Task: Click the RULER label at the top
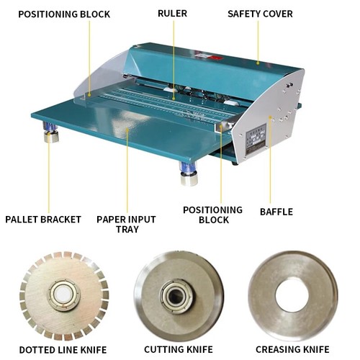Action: click(174, 14)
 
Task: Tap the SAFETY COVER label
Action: click(259, 14)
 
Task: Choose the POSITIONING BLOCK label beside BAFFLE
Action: click(212, 215)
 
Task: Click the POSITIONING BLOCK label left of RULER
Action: click(66, 14)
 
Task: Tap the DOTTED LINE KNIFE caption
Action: click(63, 350)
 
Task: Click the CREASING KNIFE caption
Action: click(292, 350)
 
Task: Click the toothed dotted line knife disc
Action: click(63, 296)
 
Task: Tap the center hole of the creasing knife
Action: click(292, 294)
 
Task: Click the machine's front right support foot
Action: click(189, 174)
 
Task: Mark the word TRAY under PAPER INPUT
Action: click(127, 229)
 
